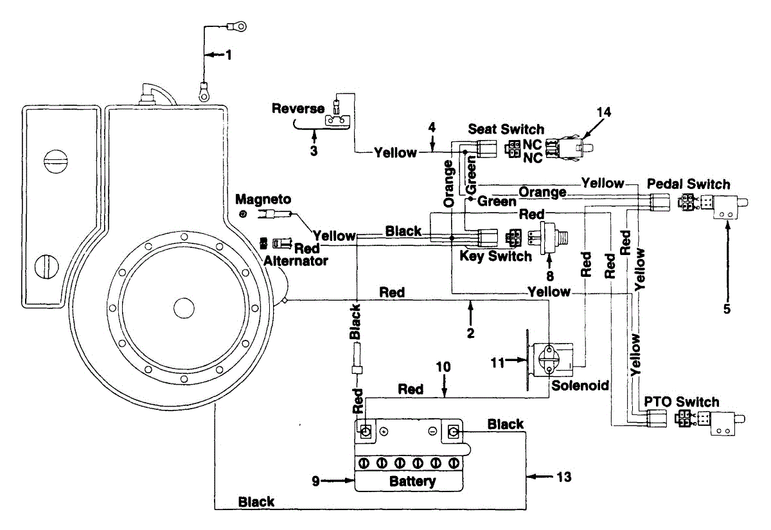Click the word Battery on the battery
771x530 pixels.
click(412, 481)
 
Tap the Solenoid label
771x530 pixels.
click(580, 385)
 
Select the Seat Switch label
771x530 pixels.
click(506, 129)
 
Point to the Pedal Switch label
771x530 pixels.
click(688, 184)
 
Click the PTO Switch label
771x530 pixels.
click(682, 402)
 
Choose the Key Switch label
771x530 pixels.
click(495, 256)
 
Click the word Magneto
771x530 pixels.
click(263, 199)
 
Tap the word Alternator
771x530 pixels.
click(296, 261)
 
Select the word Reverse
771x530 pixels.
click(298, 109)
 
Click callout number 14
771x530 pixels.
click(604, 112)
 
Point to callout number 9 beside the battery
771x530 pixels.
click(315, 481)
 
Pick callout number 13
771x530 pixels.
click(564, 477)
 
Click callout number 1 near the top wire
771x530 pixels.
click(229, 55)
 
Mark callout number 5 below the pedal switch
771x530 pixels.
click(727, 309)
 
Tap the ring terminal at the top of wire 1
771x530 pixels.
click(237, 26)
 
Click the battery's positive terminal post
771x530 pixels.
click(365, 431)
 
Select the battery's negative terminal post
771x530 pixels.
click(454, 431)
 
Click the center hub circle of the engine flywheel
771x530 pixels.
click(184, 308)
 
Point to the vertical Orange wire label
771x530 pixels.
click(449, 184)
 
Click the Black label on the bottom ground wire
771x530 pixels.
click(256, 502)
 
